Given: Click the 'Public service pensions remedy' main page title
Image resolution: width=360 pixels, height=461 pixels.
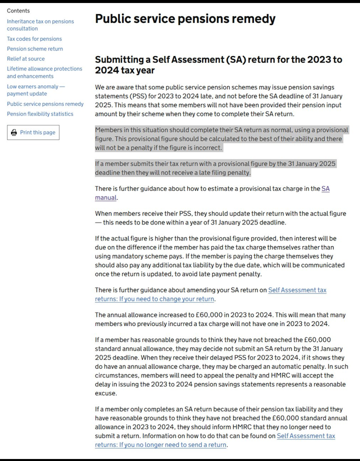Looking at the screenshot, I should (185, 19).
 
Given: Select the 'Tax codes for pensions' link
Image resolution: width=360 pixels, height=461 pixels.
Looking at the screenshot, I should (34, 39).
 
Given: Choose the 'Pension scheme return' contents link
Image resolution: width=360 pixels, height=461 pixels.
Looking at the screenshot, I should (35, 49).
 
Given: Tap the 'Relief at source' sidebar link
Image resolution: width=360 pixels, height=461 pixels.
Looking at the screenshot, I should (25, 59).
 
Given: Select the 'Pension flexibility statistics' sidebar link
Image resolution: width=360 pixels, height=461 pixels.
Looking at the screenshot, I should (40, 114).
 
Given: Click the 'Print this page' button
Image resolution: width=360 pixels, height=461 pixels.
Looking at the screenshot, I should (33, 132).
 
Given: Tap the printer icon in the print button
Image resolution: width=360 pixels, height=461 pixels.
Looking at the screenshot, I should (14, 132).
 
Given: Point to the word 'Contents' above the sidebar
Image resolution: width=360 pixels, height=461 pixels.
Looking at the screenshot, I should (18, 10).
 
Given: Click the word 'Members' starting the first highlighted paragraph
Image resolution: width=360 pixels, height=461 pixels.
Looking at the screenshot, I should (109, 130).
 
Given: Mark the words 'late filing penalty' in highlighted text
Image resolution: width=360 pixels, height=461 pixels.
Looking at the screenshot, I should (220, 173).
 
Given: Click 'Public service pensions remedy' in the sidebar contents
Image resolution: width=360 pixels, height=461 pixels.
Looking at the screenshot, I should (45, 104).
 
